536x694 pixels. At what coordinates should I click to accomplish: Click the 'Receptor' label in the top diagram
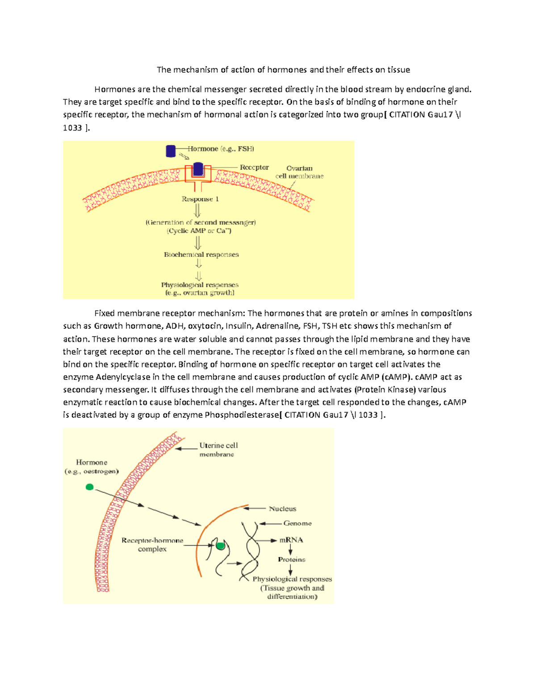click(x=254, y=168)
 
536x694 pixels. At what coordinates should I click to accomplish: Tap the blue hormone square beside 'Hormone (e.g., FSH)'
click(x=171, y=151)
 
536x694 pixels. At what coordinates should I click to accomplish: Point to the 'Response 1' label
click(x=200, y=199)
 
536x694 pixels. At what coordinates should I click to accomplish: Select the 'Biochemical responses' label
click(x=201, y=255)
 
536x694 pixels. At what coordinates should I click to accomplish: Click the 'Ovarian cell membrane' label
click(x=299, y=172)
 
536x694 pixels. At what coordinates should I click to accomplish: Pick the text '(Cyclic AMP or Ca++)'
click(x=199, y=231)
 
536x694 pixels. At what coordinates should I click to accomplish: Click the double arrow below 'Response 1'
click(x=197, y=210)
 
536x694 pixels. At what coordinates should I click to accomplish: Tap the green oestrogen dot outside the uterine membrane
click(x=89, y=487)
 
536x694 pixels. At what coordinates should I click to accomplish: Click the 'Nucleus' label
click(x=282, y=509)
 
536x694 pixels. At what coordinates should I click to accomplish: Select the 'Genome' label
click(x=297, y=523)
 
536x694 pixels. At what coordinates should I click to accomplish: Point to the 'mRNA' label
click(x=291, y=540)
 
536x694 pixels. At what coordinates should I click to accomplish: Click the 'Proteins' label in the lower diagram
click(x=292, y=559)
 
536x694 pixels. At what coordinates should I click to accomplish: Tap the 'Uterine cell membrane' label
click(x=218, y=450)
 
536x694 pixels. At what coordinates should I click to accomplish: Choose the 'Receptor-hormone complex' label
click(x=152, y=545)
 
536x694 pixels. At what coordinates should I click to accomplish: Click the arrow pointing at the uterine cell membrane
click(x=186, y=448)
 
